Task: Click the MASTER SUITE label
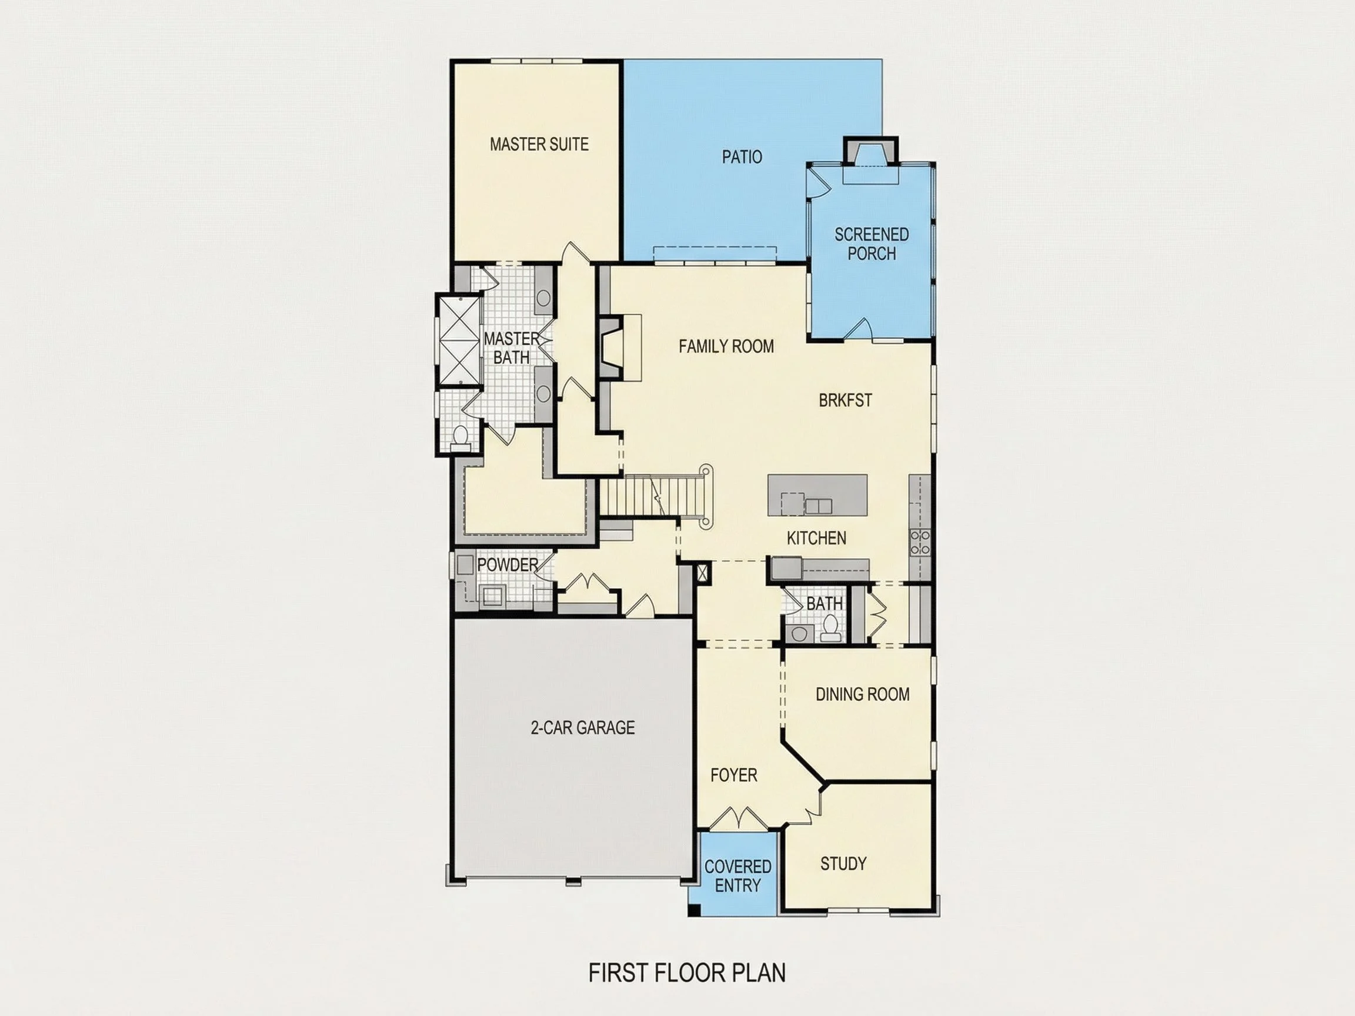click(539, 145)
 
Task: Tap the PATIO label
click(742, 158)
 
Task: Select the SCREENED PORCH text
click(872, 244)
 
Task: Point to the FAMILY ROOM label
click(726, 347)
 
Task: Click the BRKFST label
click(845, 400)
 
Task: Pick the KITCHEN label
click(816, 539)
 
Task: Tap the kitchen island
click(818, 495)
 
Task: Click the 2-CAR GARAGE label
click(583, 727)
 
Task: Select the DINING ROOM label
click(863, 694)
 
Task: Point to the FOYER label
click(734, 776)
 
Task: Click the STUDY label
click(843, 864)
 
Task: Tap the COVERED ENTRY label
click(737, 875)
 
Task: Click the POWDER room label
click(508, 564)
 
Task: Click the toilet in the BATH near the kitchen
click(830, 628)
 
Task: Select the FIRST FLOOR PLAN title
click(687, 972)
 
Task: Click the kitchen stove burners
click(920, 543)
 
